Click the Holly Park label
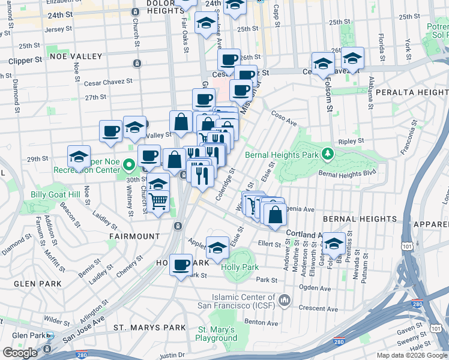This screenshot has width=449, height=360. click(x=240, y=267)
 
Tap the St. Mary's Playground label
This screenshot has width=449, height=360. click(x=216, y=334)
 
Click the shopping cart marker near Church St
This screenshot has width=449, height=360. click(x=158, y=202)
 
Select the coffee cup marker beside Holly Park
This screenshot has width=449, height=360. click(x=180, y=265)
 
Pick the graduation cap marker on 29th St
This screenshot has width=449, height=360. click(x=79, y=157)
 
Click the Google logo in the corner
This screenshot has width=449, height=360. click(x=20, y=353)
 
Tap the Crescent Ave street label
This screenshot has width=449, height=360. click(x=315, y=307)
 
